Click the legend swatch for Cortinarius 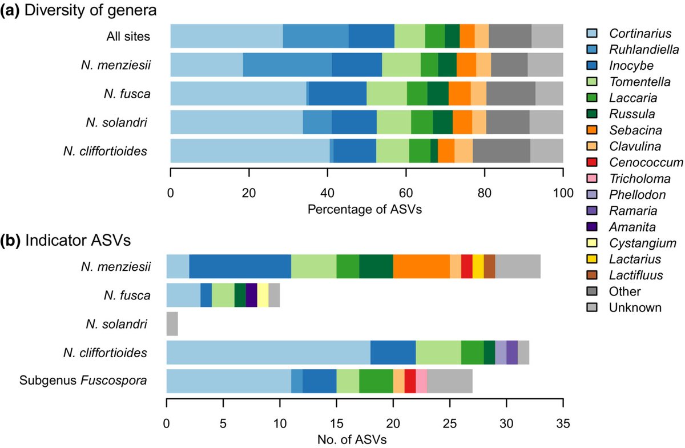(x=594, y=33)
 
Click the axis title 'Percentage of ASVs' (x=365, y=210)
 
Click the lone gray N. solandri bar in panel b (x=172, y=324)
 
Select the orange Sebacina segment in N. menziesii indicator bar (x=421, y=267)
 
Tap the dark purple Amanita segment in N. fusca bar (x=251, y=295)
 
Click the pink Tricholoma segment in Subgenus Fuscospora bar (x=421, y=381)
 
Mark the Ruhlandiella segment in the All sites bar (x=316, y=36)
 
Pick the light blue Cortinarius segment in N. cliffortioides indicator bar (x=268, y=353)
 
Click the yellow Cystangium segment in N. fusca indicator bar (x=263, y=295)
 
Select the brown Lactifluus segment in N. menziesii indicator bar (x=489, y=267)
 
